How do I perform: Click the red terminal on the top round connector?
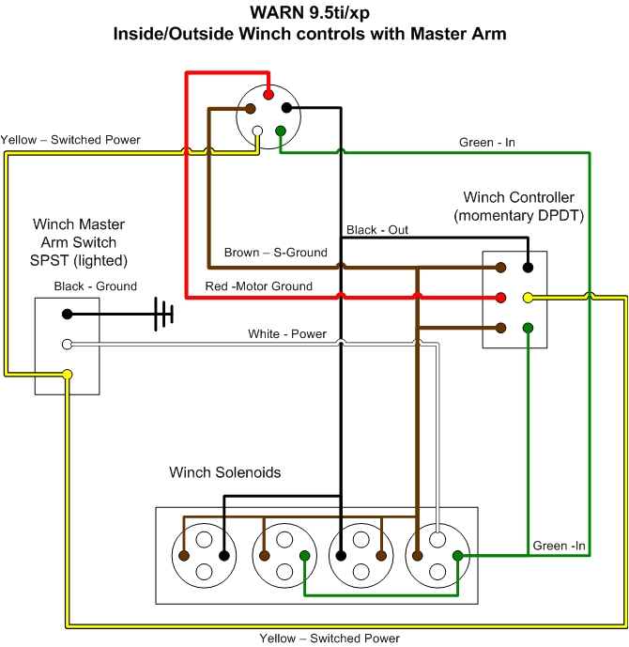[x=269, y=94]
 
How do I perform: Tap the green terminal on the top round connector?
[x=280, y=131]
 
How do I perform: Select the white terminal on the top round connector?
[x=258, y=131]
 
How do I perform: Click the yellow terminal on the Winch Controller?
[x=528, y=298]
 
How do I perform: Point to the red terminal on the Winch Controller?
[x=501, y=298]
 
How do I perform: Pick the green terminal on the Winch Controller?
[x=528, y=328]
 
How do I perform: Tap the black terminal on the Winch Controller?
[x=528, y=268]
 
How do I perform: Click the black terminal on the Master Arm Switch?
[x=67, y=314]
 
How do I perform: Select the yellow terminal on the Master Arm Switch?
[x=67, y=376]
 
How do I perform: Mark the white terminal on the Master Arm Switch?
[x=67, y=345]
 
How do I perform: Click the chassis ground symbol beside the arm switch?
[x=164, y=314]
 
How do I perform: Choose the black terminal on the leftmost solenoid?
[x=223, y=556]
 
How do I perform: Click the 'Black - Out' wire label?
[x=377, y=230]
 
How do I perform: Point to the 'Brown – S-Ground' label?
[x=275, y=253]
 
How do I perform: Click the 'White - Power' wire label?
[x=286, y=334]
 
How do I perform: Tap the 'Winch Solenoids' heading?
[x=224, y=472]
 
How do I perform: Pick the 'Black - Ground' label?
[x=95, y=286]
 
